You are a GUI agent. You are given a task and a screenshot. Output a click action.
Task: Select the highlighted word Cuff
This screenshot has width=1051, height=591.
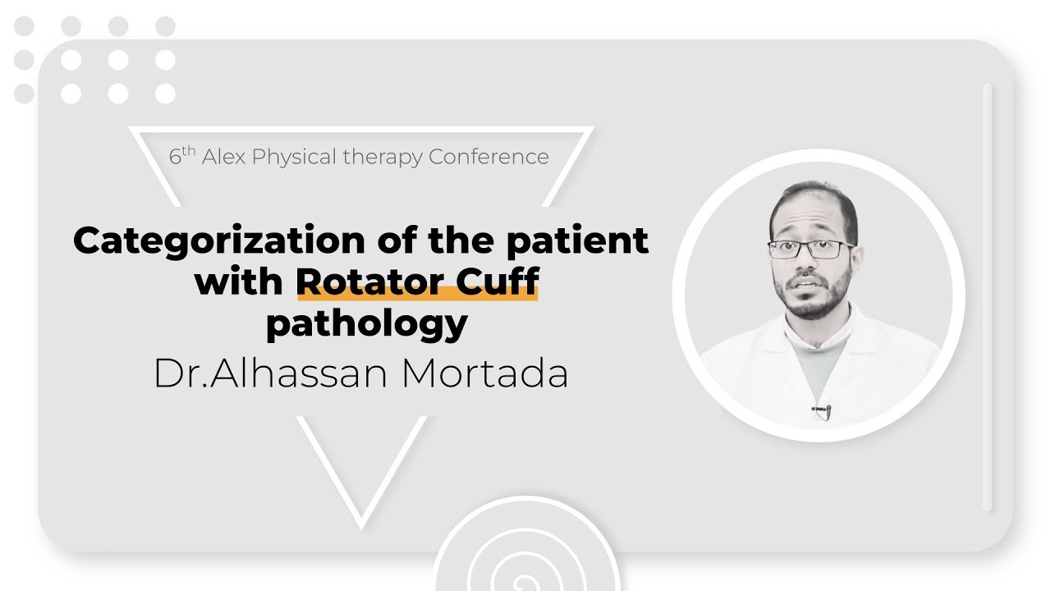498,282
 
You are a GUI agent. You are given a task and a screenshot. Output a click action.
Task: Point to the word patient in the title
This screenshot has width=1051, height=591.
576,241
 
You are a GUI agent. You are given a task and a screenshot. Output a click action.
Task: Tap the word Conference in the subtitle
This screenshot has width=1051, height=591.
489,157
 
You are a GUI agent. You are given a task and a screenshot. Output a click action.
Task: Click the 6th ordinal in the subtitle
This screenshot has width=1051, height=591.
181,156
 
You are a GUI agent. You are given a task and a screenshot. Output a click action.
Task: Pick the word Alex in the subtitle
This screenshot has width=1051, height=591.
223,157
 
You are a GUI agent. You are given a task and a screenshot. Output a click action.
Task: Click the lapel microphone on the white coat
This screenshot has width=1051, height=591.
822,410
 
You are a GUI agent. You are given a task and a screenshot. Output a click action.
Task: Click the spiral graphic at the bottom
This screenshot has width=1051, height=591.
525,558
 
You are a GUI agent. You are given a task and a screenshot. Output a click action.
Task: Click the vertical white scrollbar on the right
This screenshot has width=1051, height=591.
988,295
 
